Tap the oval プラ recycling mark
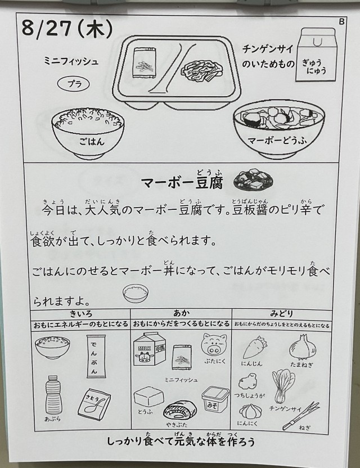(x=74, y=84)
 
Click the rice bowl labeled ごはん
(x=88, y=133)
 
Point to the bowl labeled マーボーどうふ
(x=278, y=131)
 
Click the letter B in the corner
(x=341, y=21)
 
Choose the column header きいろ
(x=81, y=314)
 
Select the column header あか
(x=181, y=313)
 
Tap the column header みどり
(x=281, y=314)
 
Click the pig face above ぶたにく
(x=214, y=344)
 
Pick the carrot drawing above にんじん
(x=254, y=347)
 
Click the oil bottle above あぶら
(x=53, y=394)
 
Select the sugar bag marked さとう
(x=94, y=403)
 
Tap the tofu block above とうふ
(x=148, y=397)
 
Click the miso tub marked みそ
(x=215, y=399)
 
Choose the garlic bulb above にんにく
(x=250, y=411)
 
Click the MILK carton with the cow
(x=148, y=349)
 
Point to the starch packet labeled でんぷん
(x=96, y=356)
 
